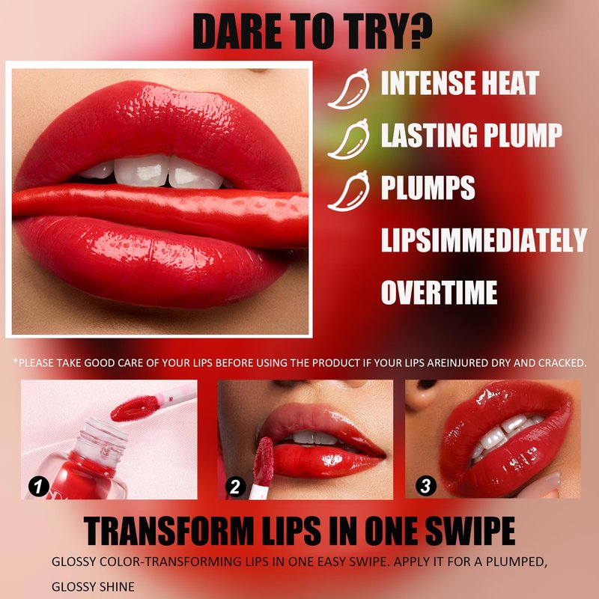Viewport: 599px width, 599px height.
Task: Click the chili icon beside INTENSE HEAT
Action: pos(349,89)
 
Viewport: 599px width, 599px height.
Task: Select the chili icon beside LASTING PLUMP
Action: pos(349,139)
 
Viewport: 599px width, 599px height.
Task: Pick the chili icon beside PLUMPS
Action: pos(349,191)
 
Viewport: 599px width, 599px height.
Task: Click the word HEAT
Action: pos(510,83)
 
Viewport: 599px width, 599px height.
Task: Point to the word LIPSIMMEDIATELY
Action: pos(484,240)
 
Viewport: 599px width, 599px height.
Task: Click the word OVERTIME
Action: pos(439,292)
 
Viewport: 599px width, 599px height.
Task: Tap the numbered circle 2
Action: pos(235,486)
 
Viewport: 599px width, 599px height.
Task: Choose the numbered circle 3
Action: pos(425,485)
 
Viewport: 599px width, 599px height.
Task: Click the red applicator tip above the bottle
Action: pos(135,408)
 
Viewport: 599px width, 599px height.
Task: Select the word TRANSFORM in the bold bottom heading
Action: pos(168,531)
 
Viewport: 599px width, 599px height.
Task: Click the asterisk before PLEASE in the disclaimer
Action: pos(15,361)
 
